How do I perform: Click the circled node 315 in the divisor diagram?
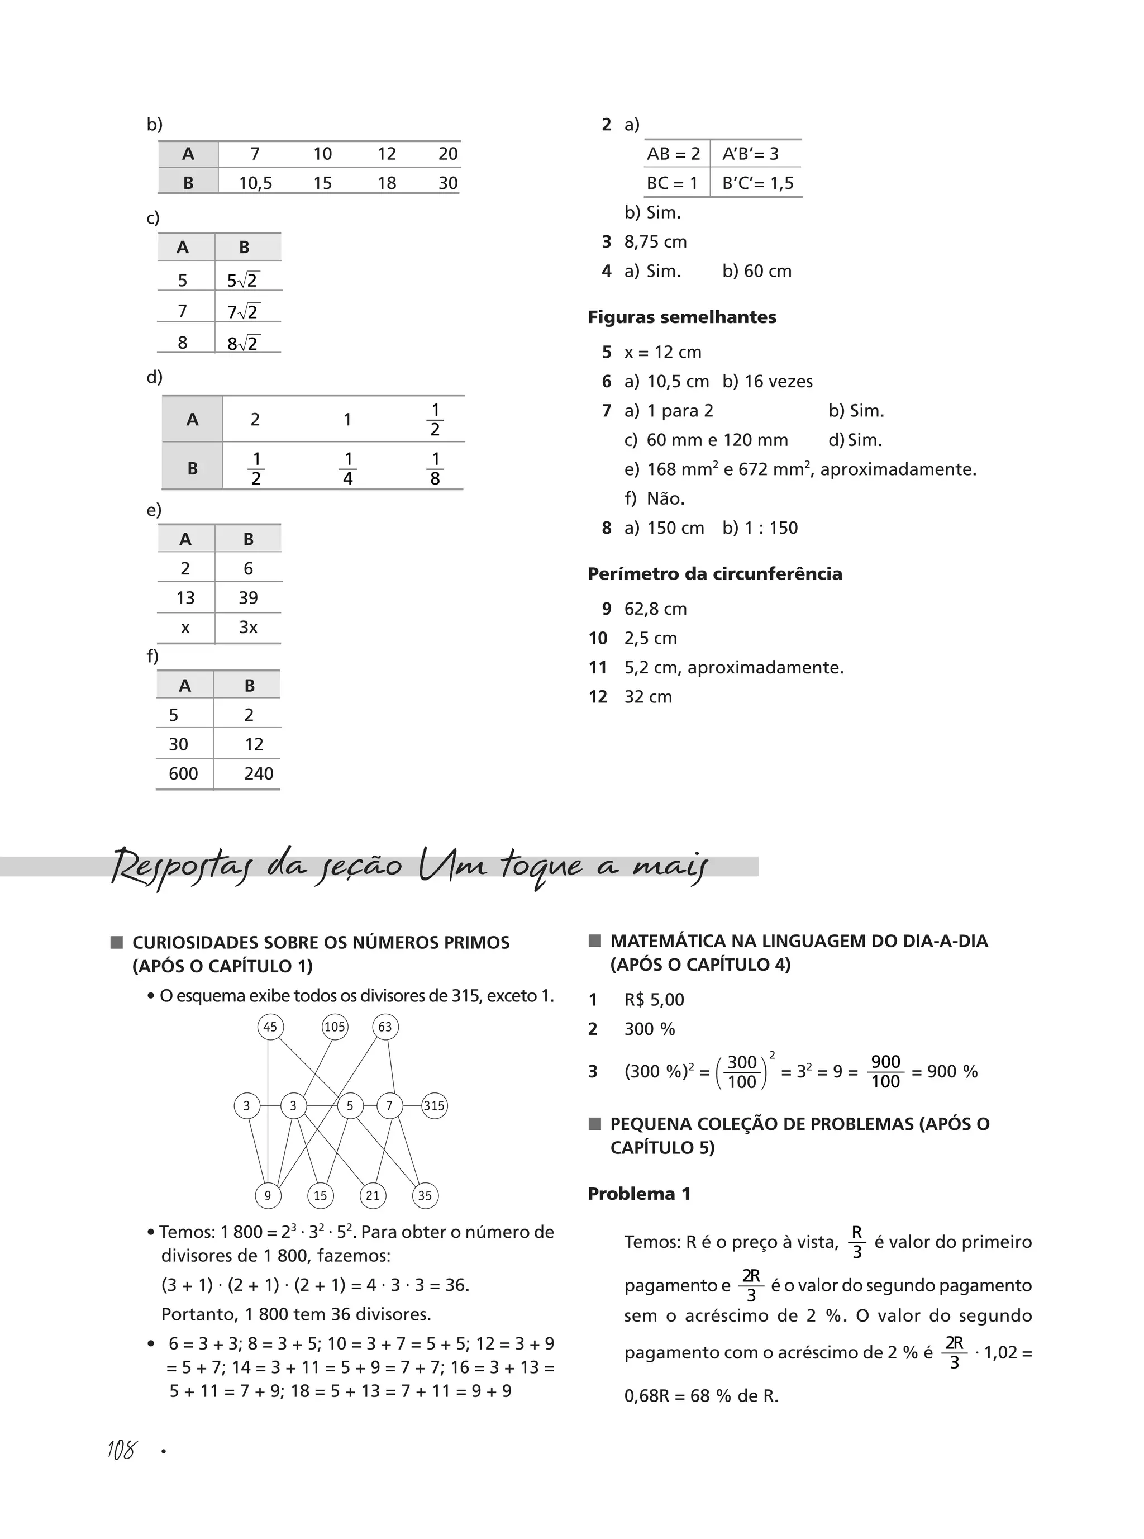433,1105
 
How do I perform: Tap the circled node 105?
335,1027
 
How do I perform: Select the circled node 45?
270,1027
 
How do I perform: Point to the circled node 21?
373,1195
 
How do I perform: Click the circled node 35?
425,1195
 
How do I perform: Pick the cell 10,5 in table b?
255,183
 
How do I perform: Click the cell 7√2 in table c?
242,312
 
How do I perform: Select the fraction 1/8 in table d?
435,468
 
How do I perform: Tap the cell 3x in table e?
248,627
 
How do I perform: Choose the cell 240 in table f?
258,773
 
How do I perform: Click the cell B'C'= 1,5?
757,183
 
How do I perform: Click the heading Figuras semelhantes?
681,317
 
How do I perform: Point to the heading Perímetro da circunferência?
714,573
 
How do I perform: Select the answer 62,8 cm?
655,609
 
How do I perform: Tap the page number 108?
122,1450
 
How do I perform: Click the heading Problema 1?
639,1194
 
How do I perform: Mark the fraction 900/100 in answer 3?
885,1071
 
